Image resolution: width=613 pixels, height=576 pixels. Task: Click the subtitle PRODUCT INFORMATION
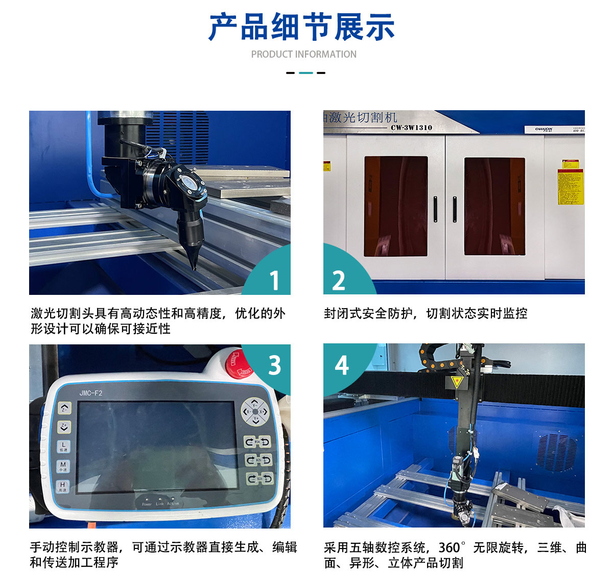pyautogui.click(x=303, y=54)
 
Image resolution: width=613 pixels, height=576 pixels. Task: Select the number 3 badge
pyautogui.click(x=274, y=365)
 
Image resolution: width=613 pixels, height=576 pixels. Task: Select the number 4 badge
pyautogui.click(x=341, y=365)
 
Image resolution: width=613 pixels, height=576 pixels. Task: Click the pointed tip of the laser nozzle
pyautogui.click(x=194, y=267)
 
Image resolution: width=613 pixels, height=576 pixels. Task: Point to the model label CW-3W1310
pyautogui.click(x=411, y=128)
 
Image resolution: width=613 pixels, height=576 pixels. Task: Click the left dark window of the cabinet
pyautogui.click(x=396, y=206)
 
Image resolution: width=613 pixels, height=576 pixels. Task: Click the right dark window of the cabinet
pyautogui.click(x=494, y=206)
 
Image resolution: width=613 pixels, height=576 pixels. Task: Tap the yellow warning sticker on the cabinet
pyautogui.click(x=570, y=187)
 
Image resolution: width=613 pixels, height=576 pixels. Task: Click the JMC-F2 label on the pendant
pyautogui.click(x=90, y=393)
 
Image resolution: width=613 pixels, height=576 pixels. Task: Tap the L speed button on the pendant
pyautogui.click(x=63, y=446)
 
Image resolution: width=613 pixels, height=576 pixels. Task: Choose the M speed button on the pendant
pyautogui.click(x=63, y=466)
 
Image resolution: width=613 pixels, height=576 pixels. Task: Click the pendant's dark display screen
pyautogui.click(x=157, y=447)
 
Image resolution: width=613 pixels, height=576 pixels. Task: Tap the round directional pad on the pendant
pyautogui.click(x=255, y=412)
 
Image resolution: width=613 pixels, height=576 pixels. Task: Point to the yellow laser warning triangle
pyautogui.click(x=456, y=382)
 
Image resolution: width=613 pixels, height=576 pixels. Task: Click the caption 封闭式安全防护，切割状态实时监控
pyautogui.click(x=425, y=313)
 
